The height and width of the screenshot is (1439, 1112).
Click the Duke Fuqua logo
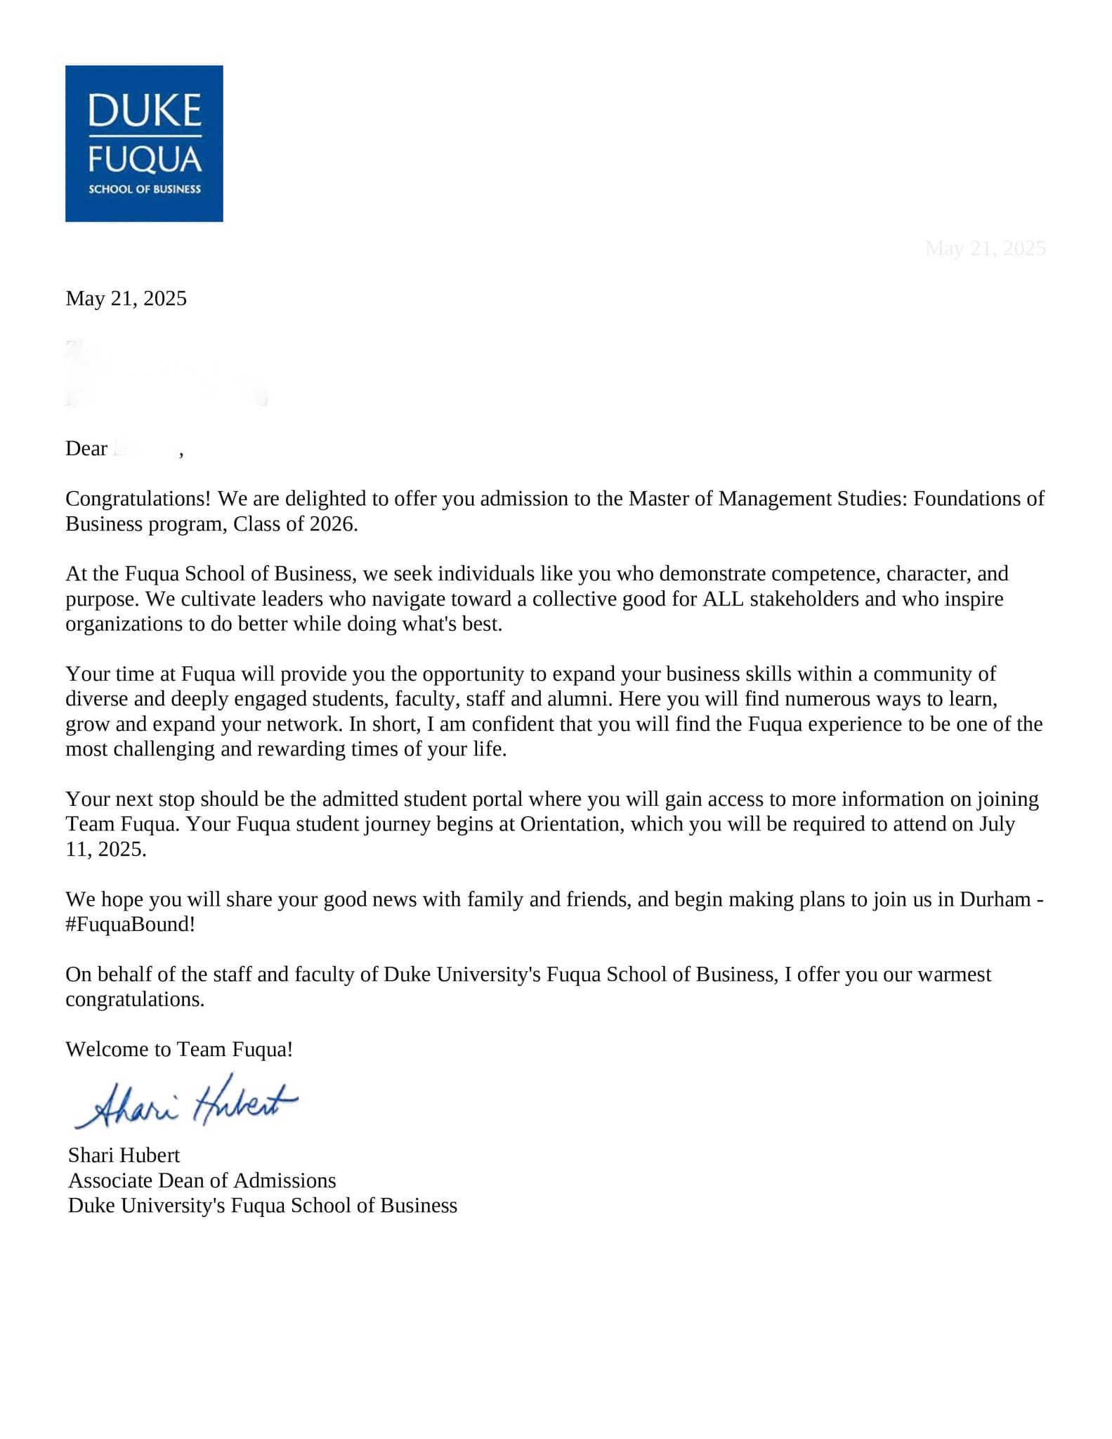click(x=144, y=143)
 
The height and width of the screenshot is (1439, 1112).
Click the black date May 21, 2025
click(x=126, y=299)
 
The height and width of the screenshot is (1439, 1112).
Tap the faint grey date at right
click(x=986, y=248)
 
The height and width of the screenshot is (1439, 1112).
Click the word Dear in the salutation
click(x=86, y=448)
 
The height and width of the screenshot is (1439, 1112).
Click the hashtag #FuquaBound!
click(x=130, y=925)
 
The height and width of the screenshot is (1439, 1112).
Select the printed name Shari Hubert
click(x=124, y=1155)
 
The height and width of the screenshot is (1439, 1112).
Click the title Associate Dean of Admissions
click(x=202, y=1180)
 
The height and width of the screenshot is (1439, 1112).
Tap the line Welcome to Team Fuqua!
click(x=179, y=1050)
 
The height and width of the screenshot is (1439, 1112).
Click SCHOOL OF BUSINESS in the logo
click(x=144, y=189)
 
